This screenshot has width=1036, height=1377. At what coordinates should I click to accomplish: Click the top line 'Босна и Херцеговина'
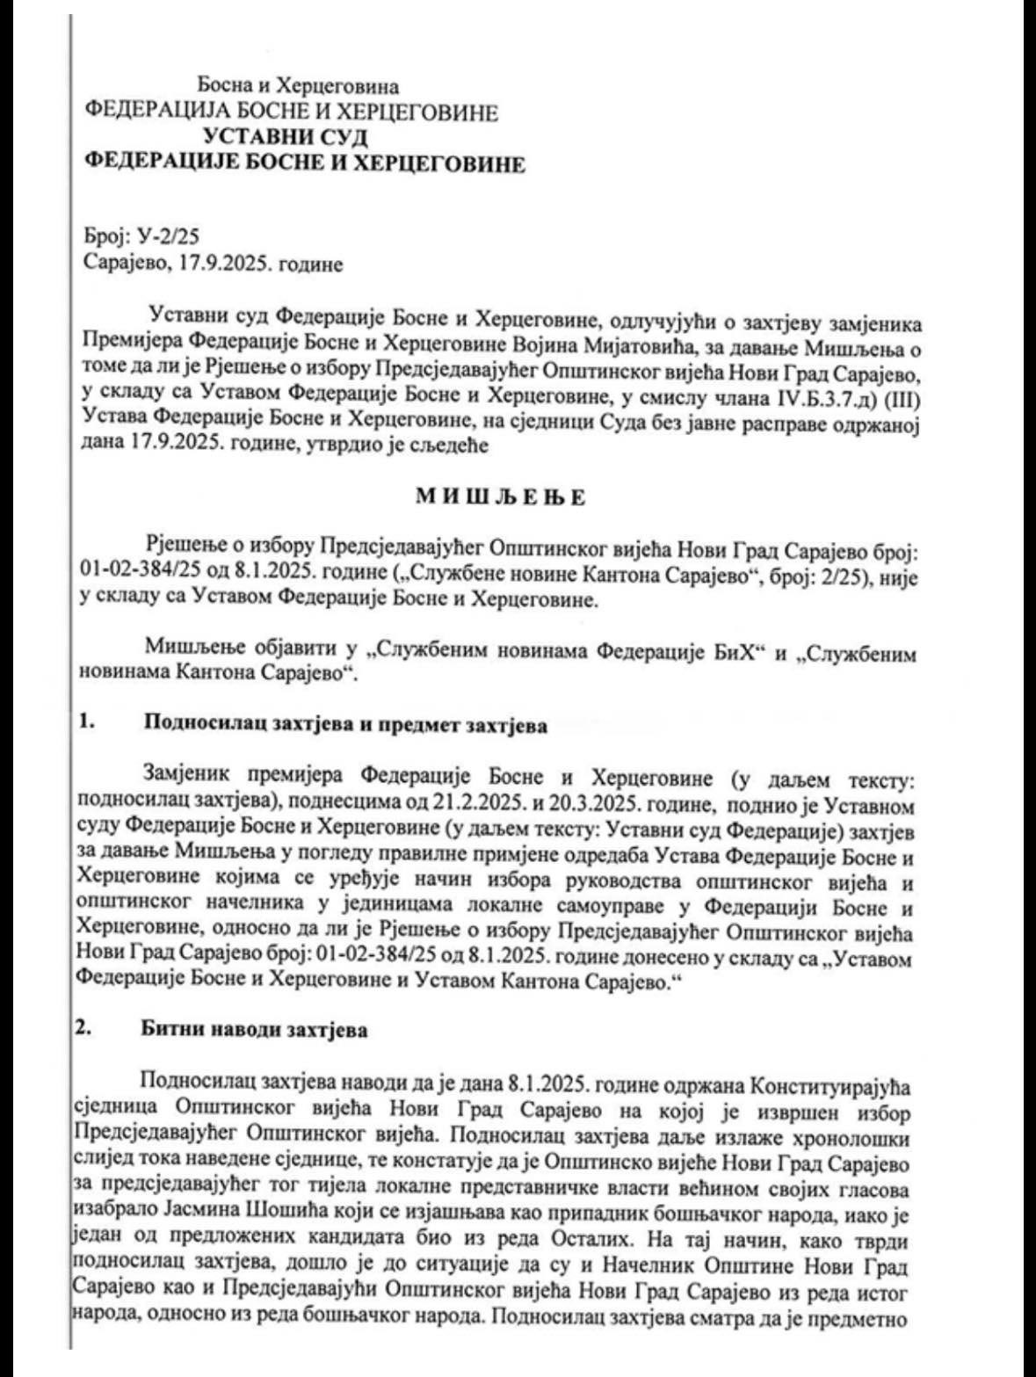[299, 86]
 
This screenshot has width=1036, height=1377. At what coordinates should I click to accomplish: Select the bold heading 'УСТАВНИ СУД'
[285, 137]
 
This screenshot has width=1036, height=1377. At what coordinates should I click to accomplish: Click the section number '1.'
[85, 726]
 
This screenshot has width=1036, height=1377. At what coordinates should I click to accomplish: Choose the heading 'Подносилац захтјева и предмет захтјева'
[345, 726]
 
